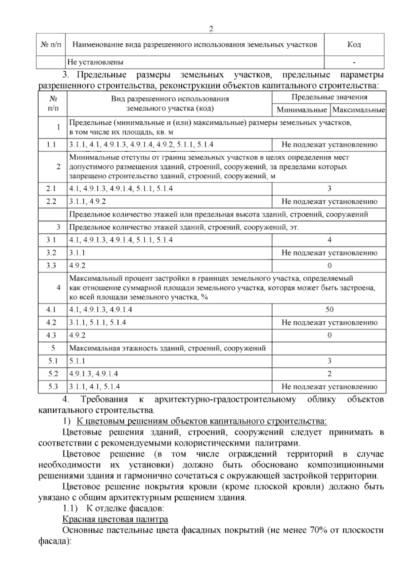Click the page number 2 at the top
click(x=211, y=29)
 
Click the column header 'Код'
click(x=354, y=45)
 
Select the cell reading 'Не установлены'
click(x=95, y=62)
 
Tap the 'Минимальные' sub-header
click(x=302, y=110)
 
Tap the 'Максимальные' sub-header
click(x=358, y=110)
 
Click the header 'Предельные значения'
click(x=329, y=97)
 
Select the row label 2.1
click(x=51, y=189)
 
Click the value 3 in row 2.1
click(x=329, y=189)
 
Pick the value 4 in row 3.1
click(x=329, y=240)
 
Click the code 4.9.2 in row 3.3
click(x=77, y=266)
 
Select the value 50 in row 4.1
click(x=329, y=310)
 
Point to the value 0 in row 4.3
click(x=329, y=335)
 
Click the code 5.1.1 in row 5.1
click(x=77, y=361)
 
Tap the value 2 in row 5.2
click(x=329, y=374)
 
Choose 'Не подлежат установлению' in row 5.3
click(x=329, y=387)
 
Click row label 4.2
click(x=51, y=323)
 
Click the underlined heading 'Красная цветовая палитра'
click(x=115, y=520)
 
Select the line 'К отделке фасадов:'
click(x=125, y=508)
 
